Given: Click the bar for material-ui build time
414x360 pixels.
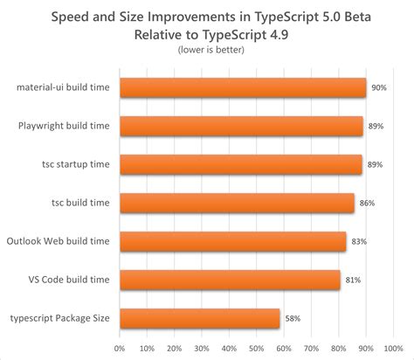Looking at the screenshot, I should (x=243, y=87).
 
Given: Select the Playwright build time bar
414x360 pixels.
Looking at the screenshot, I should (x=241, y=126).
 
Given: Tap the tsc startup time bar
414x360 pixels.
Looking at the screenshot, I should (x=241, y=164).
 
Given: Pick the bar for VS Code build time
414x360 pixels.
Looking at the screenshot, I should (x=230, y=280).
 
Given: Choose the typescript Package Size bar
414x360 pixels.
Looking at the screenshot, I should (x=199, y=318).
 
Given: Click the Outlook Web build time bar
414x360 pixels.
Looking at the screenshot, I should (x=232, y=241).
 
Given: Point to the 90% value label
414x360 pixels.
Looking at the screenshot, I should (x=379, y=87).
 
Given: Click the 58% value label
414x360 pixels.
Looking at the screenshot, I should (x=293, y=318).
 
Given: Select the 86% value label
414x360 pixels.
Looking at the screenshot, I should (x=368, y=203).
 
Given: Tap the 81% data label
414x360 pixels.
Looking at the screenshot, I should (x=354, y=280).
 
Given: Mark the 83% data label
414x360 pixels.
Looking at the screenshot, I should (x=359, y=241).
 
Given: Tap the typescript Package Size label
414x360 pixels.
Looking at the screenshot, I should (x=59, y=318).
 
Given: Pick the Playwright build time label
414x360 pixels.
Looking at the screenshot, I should (x=64, y=126).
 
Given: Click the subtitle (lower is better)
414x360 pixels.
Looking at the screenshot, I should (x=206, y=51).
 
